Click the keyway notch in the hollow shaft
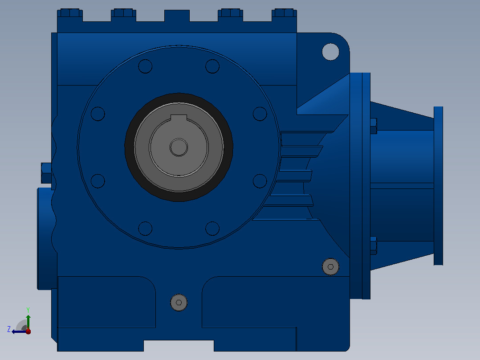(x=179, y=118)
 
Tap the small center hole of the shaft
(x=179, y=147)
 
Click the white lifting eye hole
(x=330, y=52)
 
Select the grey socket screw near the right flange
(x=330, y=267)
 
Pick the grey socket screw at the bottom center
(x=179, y=303)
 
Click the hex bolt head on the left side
(x=46, y=173)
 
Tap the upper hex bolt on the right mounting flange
(x=374, y=126)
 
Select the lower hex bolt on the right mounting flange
(x=374, y=245)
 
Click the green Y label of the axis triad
(x=28, y=310)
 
